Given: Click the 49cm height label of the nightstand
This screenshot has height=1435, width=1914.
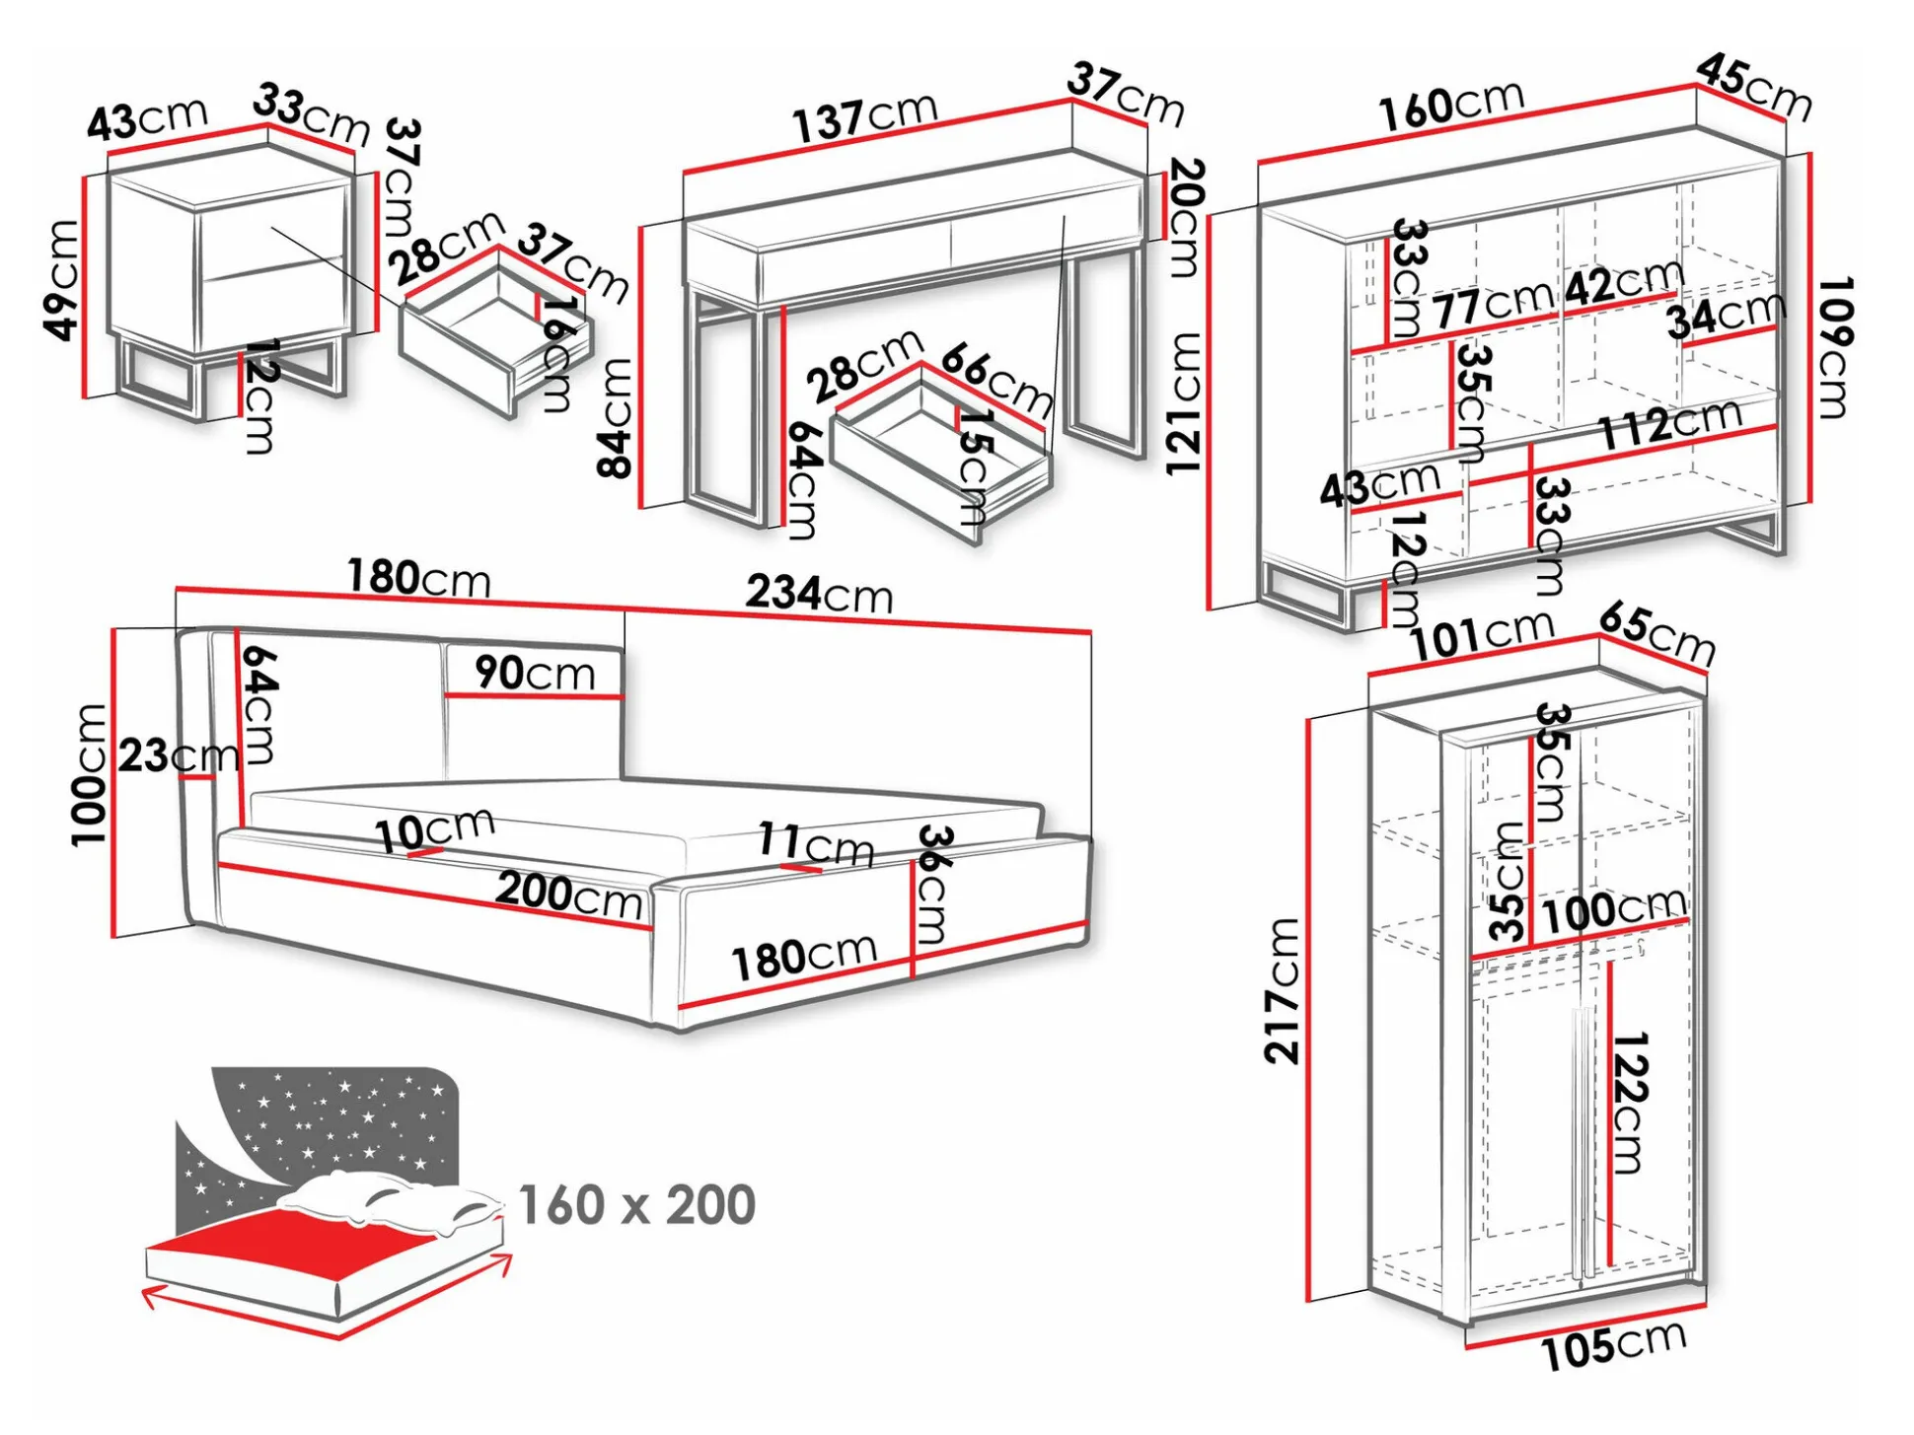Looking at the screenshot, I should (63, 279).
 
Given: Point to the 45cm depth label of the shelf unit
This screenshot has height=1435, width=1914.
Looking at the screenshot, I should (1754, 88).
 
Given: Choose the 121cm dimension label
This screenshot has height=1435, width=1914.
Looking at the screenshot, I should (1183, 403).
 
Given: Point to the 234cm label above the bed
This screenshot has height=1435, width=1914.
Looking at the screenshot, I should (819, 594).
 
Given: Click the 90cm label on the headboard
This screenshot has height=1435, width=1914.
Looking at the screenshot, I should (535, 673).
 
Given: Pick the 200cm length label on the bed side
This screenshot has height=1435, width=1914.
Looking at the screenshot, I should (568, 895).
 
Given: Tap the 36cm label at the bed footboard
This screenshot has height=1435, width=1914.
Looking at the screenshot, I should (933, 883).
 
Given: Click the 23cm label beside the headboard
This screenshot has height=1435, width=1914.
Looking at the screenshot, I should (179, 756).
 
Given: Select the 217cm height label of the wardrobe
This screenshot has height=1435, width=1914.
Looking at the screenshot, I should (1283, 990).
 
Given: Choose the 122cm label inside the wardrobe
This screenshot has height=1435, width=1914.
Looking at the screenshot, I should (1630, 1102).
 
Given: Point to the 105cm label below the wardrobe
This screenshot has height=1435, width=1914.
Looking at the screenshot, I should (1614, 1346).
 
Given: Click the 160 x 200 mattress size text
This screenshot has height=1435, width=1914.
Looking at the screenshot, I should (636, 1205).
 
